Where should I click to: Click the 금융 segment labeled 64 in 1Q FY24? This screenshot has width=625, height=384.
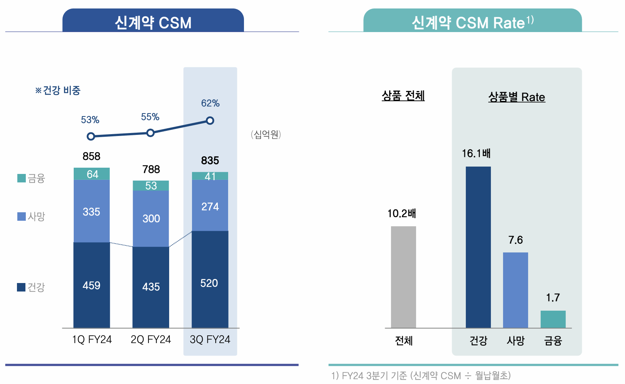(x=92, y=174)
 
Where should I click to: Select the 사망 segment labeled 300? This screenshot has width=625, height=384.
(x=151, y=219)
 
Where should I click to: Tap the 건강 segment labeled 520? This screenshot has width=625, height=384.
(x=210, y=283)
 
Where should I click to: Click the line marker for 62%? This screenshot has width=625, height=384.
(x=210, y=121)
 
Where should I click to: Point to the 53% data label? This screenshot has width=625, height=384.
(x=90, y=120)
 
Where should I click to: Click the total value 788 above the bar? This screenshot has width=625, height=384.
(x=151, y=169)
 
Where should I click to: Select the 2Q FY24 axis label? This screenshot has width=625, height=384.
(x=151, y=339)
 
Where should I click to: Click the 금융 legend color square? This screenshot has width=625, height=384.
(x=21, y=178)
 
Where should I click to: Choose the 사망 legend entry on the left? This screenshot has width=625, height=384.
(x=31, y=216)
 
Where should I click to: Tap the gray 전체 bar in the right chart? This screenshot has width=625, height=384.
(x=403, y=276)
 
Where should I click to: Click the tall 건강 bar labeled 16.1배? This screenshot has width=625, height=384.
(x=478, y=247)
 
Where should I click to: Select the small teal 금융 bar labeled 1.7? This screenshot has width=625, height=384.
(x=553, y=319)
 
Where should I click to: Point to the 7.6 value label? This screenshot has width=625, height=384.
(x=515, y=240)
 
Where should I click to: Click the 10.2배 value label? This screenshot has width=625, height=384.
(x=401, y=213)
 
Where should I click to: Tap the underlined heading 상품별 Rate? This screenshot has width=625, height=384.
(x=516, y=97)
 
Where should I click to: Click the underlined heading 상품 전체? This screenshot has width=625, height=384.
(x=403, y=96)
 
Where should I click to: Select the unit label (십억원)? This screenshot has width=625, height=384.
(x=266, y=135)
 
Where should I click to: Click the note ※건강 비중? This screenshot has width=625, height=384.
(x=58, y=90)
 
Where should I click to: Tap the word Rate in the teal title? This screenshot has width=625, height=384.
(x=509, y=23)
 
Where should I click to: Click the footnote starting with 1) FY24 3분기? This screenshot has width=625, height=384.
(x=420, y=376)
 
